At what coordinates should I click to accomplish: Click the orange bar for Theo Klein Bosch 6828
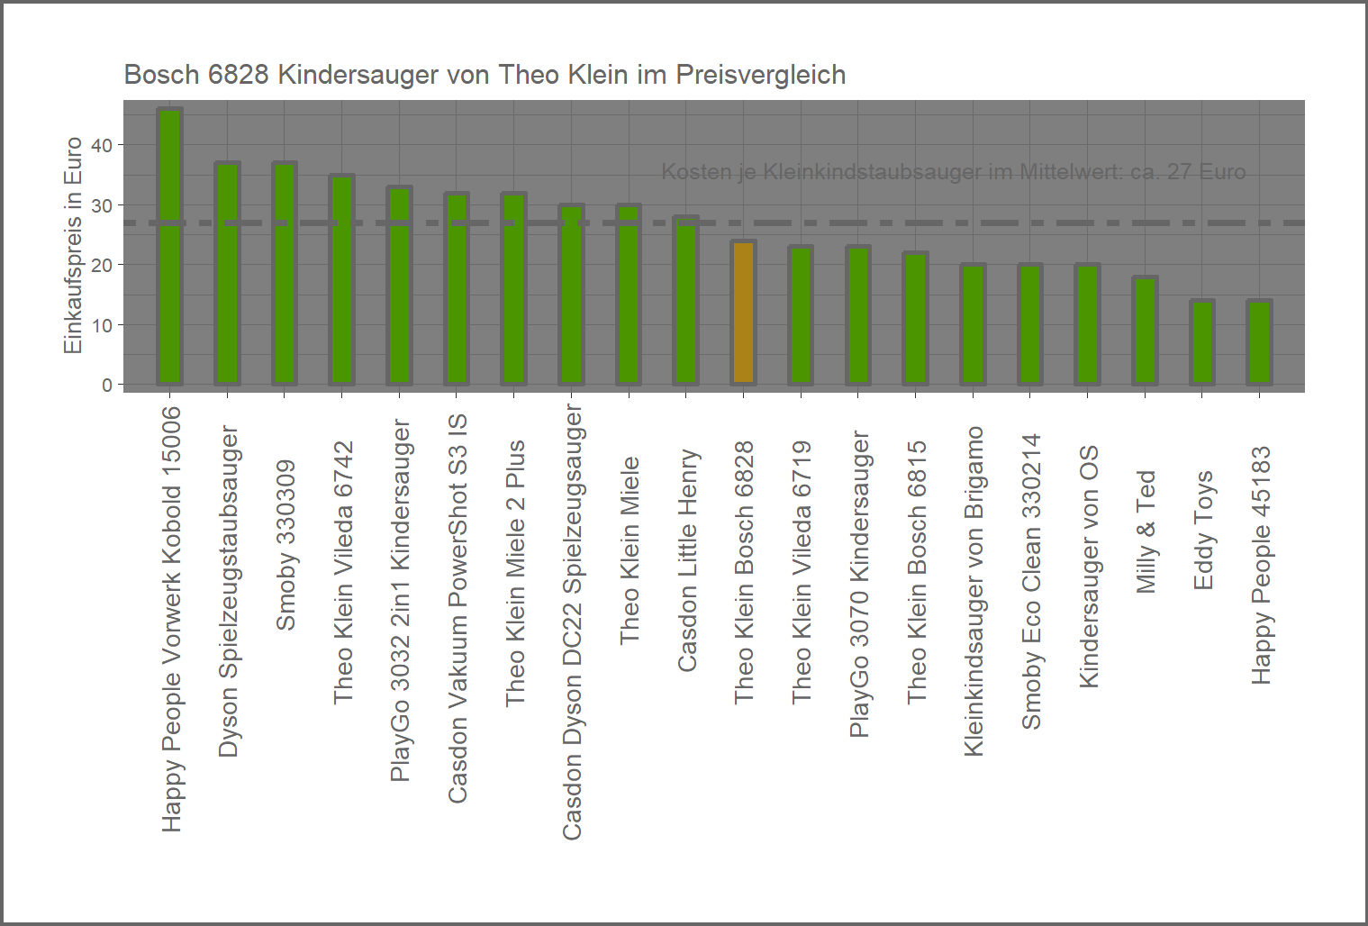(x=744, y=313)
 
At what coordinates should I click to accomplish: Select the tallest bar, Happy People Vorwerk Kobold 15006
(x=170, y=247)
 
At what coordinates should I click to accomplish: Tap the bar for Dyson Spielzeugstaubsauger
(x=228, y=274)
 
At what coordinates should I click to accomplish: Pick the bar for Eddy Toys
(x=1202, y=342)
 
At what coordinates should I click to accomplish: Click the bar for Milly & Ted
(x=1145, y=331)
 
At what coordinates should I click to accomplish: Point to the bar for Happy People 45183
(x=1259, y=342)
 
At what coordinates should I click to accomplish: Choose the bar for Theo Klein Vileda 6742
(x=342, y=280)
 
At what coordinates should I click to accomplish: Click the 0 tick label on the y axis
(x=107, y=385)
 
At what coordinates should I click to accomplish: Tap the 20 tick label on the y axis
(x=102, y=265)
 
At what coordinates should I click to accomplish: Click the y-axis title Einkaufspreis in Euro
(x=73, y=245)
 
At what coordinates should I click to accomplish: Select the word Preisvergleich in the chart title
(x=760, y=75)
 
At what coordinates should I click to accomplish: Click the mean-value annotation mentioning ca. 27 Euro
(x=953, y=172)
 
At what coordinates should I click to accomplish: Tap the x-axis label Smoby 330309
(x=285, y=545)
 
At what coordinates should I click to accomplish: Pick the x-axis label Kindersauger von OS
(x=1089, y=567)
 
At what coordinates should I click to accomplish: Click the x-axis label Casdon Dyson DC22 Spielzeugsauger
(x=572, y=622)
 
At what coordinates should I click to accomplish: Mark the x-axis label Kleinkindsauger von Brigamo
(x=974, y=591)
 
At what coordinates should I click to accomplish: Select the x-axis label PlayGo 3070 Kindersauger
(x=859, y=584)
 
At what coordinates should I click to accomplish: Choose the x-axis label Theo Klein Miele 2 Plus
(x=514, y=573)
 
